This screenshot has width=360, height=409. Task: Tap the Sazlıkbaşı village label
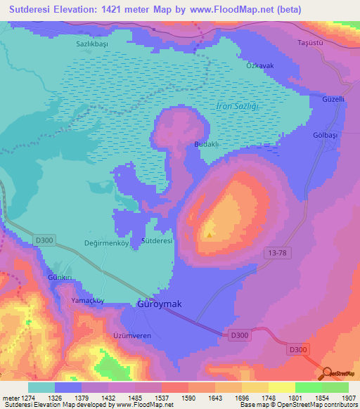click(91, 43)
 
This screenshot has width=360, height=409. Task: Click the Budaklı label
click(207, 143)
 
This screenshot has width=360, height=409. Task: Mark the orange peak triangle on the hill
click(209, 235)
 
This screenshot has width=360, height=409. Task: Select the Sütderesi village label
click(157, 240)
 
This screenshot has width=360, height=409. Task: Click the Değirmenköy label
click(105, 240)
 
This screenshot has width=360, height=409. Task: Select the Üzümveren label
click(132, 336)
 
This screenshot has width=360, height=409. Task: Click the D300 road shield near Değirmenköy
click(44, 240)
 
